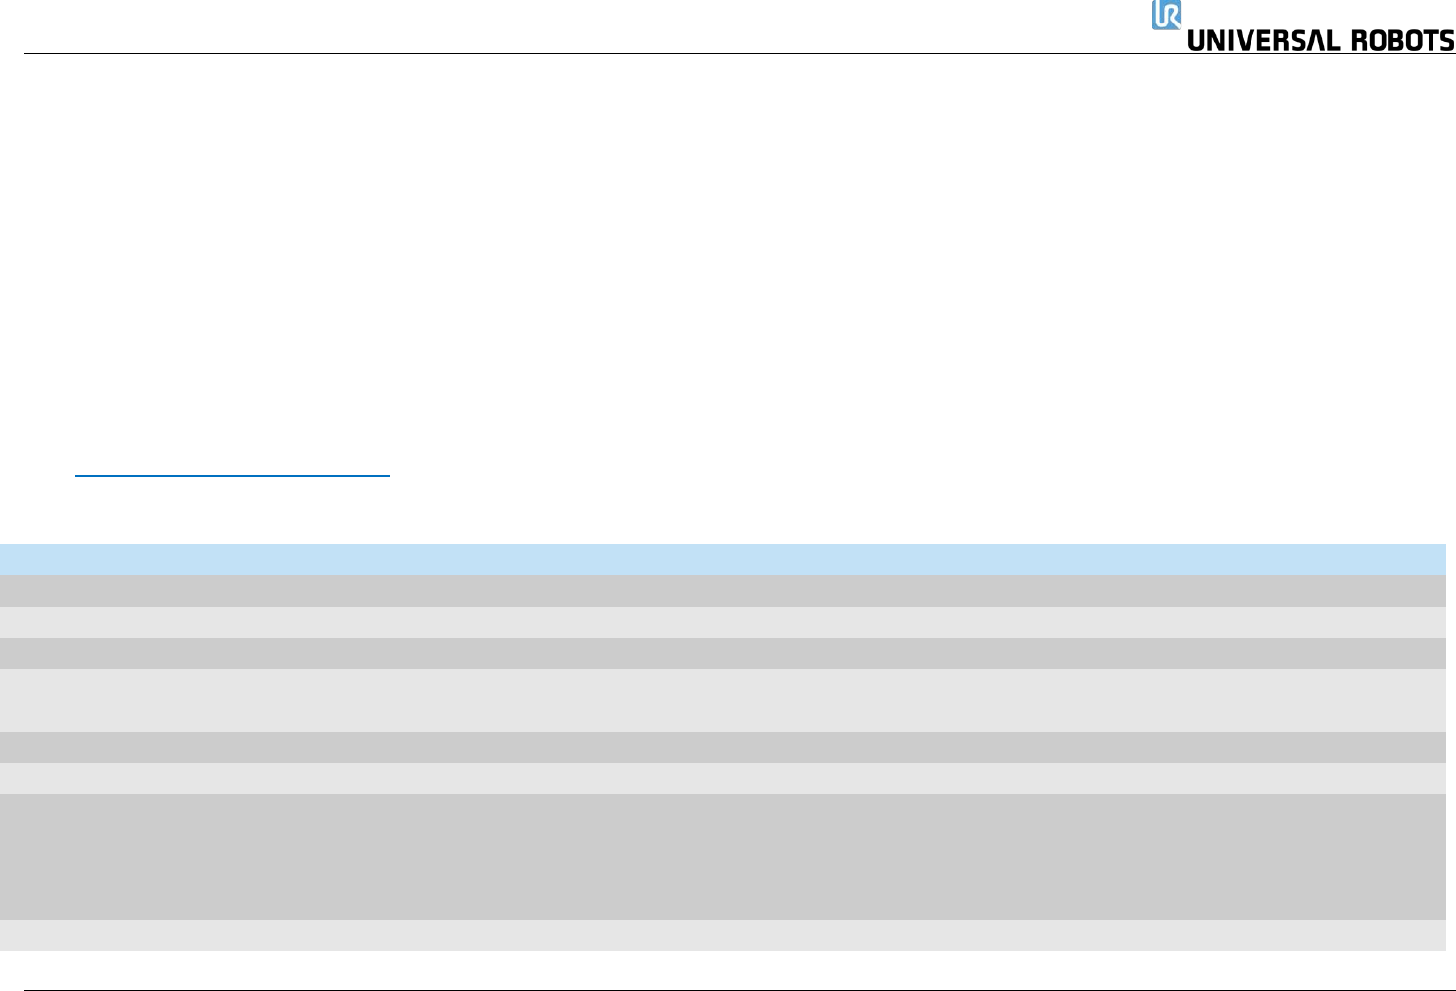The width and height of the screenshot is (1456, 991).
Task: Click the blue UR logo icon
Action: click(x=1165, y=15)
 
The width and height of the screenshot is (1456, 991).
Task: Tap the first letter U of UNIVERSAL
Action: click(x=1197, y=41)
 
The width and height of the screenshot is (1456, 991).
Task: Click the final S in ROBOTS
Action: click(x=1446, y=41)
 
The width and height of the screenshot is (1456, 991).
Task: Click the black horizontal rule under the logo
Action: click(x=587, y=54)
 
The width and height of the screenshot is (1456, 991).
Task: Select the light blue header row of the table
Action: click(x=723, y=559)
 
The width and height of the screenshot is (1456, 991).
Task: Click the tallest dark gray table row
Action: click(x=723, y=856)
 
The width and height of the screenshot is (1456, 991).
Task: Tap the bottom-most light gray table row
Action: click(x=723, y=935)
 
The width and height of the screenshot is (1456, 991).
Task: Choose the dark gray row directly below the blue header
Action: click(x=723, y=590)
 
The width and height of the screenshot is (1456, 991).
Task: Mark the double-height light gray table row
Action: click(x=723, y=700)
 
